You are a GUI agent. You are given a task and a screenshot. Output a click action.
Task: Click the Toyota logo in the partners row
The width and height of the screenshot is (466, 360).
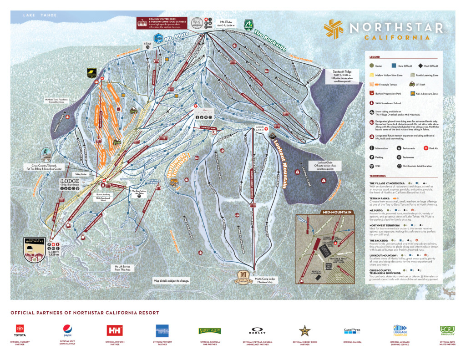click(x=20, y=329)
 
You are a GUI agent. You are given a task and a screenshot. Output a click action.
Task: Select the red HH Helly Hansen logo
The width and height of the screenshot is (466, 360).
click(x=113, y=330)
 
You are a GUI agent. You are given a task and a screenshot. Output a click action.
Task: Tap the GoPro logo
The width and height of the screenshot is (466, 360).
click(x=352, y=330)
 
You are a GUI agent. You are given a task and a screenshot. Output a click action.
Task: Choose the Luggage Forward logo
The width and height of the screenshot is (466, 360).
click(x=400, y=328)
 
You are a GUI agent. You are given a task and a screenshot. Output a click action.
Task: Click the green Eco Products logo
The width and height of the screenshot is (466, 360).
click(x=447, y=329)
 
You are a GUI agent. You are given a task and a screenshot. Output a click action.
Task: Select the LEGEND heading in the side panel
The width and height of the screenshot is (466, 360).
click(x=375, y=58)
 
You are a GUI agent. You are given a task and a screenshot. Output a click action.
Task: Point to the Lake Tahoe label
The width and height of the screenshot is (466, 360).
click(x=40, y=15)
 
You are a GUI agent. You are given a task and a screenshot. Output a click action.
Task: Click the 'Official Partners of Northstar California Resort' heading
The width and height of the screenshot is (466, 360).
click(x=85, y=313)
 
